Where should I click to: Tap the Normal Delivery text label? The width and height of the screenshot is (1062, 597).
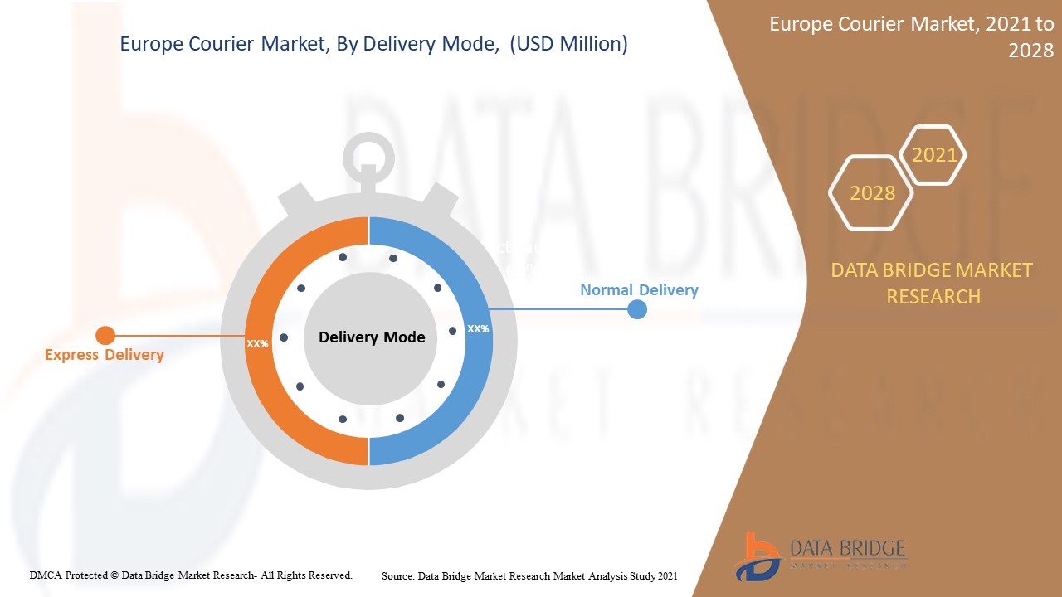point(639,290)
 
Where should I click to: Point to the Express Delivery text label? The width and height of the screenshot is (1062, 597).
point(105,355)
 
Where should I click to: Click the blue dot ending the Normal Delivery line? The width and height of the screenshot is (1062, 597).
point(636,309)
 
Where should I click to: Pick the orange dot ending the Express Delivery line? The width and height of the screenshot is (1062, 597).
point(105,335)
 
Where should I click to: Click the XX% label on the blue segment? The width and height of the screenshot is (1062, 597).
point(478,329)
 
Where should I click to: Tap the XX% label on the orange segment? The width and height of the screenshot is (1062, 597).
point(257,343)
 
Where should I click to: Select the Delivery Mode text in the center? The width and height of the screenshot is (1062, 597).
point(372,337)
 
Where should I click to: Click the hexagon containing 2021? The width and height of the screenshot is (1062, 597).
point(933,155)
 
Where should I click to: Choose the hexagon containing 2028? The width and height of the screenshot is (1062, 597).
point(871,193)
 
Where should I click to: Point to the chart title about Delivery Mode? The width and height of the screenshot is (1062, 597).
point(373,44)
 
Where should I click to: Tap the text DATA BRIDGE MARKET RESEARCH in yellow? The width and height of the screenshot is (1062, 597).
point(933,283)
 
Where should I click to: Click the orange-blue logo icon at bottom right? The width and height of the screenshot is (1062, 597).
point(758,556)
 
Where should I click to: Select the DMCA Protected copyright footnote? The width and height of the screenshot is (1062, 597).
point(191,575)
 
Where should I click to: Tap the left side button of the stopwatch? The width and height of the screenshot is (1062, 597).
point(295,199)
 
